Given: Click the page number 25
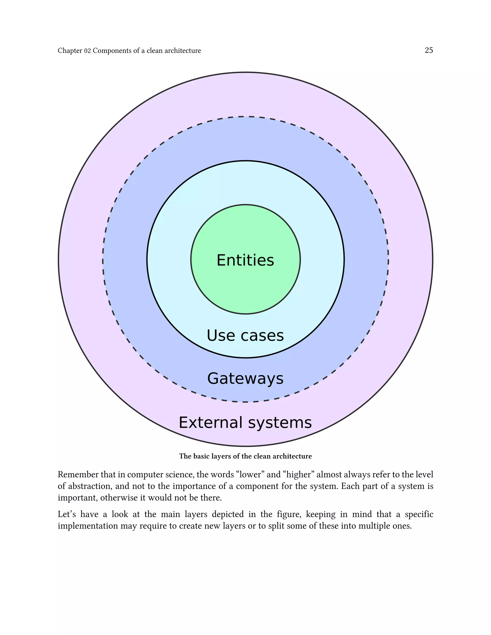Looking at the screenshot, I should click(x=429, y=50).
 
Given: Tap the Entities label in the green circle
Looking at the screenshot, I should click(x=245, y=260).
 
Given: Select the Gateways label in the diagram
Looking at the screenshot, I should click(x=245, y=379).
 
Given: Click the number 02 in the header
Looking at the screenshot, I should click(x=87, y=51).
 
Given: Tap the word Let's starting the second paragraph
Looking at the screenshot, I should click(x=67, y=514).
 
